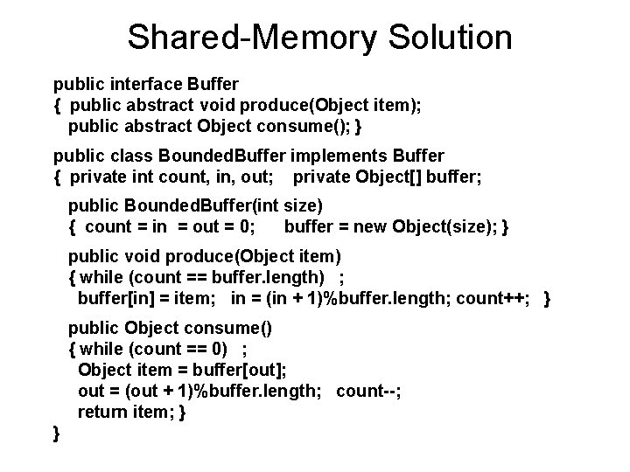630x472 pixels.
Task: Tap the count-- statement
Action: [x=367, y=391]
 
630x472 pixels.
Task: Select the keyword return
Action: [x=101, y=412]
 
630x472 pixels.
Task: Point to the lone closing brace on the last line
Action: [x=57, y=433]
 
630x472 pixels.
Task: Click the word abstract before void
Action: [x=155, y=106]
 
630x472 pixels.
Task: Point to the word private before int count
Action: [x=98, y=177]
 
